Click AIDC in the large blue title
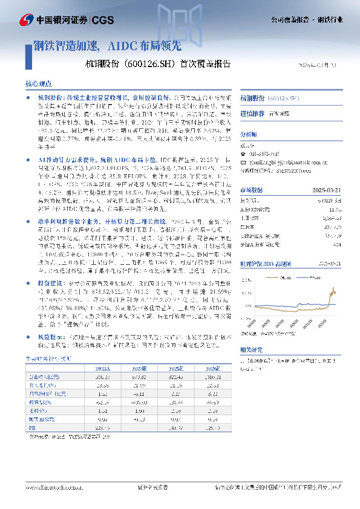point(120,45)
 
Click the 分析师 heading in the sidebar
point(249,134)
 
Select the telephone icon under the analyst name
point(243,155)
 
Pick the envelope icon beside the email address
point(243,163)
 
